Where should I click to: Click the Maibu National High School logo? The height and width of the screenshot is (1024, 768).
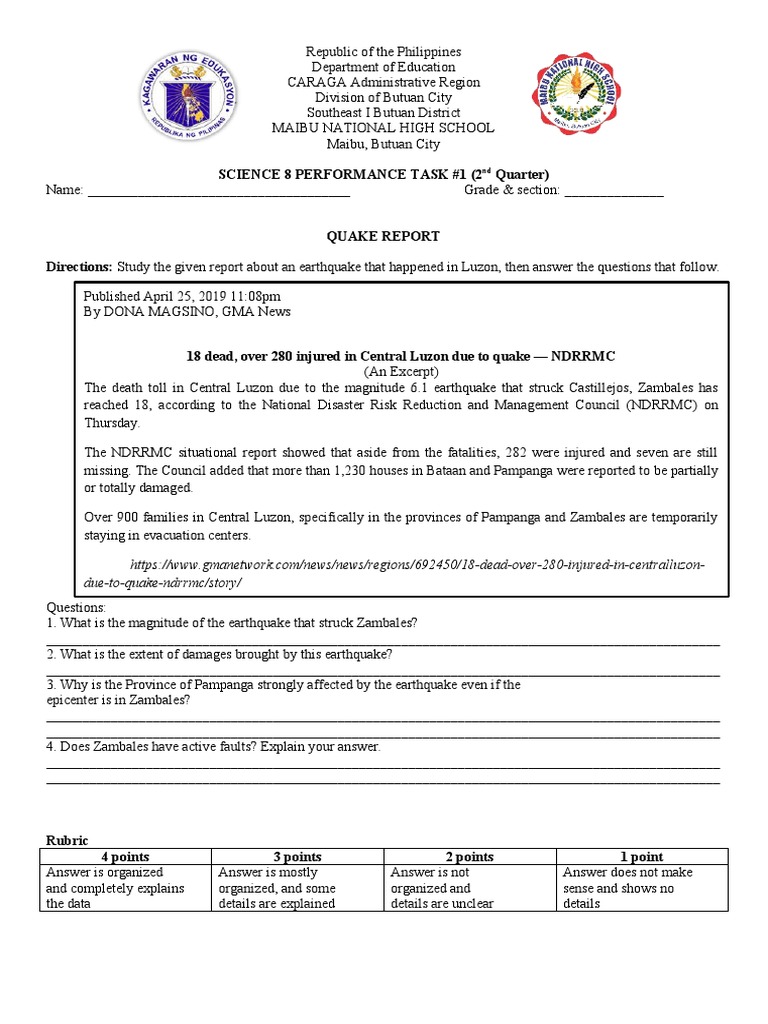pyautogui.click(x=580, y=96)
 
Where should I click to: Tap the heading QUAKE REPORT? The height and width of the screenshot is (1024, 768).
pyautogui.click(x=384, y=237)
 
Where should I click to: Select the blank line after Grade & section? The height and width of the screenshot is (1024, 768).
pyautogui.click(x=614, y=190)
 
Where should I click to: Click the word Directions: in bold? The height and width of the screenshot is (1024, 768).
pyautogui.click(x=80, y=267)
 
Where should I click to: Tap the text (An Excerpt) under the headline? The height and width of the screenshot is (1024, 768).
pyautogui.click(x=399, y=370)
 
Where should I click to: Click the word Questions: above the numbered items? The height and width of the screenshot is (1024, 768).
pyautogui.click(x=76, y=608)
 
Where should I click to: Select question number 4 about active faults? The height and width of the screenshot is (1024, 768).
pyautogui.click(x=214, y=747)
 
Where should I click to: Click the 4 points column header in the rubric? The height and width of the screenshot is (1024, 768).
pyautogui.click(x=126, y=857)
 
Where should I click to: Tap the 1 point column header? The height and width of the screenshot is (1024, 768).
pyautogui.click(x=642, y=857)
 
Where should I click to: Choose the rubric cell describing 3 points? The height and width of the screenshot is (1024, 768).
pyautogui.click(x=297, y=888)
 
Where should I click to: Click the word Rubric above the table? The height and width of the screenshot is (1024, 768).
pyautogui.click(x=68, y=841)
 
